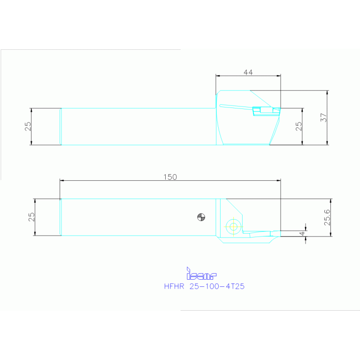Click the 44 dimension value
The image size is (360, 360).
[x=248, y=72]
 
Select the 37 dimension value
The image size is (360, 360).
[x=324, y=117]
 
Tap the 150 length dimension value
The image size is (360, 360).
[x=170, y=177]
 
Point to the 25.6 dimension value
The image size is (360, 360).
[x=328, y=217]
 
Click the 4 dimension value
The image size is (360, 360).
[x=303, y=232]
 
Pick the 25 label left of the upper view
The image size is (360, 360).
[x=28, y=126]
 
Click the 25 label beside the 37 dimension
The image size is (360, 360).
[x=299, y=126]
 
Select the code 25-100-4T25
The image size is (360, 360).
[x=216, y=286]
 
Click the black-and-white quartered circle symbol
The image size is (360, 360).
[x=201, y=217]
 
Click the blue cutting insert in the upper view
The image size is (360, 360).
[x=263, y=111]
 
